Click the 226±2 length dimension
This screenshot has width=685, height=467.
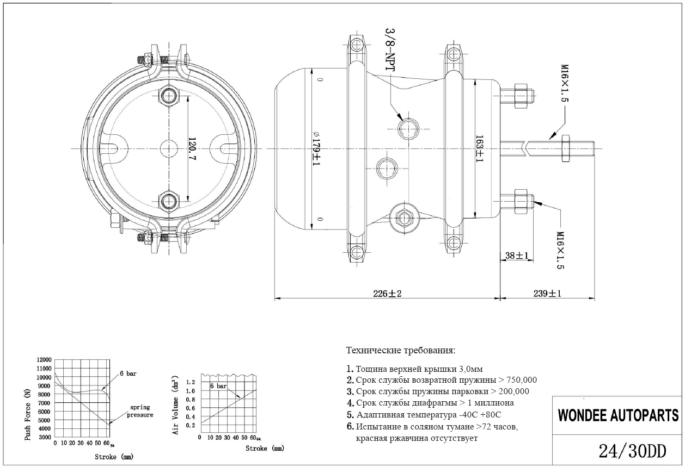387,294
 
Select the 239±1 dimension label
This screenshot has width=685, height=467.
547,294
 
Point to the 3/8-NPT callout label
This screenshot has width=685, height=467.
389,49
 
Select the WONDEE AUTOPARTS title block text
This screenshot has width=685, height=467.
618,416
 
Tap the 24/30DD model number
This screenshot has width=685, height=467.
632,451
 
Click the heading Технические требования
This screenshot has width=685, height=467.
400,350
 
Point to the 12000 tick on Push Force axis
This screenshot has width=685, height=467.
44,360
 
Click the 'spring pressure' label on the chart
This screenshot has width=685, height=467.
140,411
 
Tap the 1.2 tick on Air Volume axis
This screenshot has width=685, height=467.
190,382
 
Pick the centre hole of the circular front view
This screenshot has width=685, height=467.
168,148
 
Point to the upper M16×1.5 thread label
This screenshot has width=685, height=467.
565,85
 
